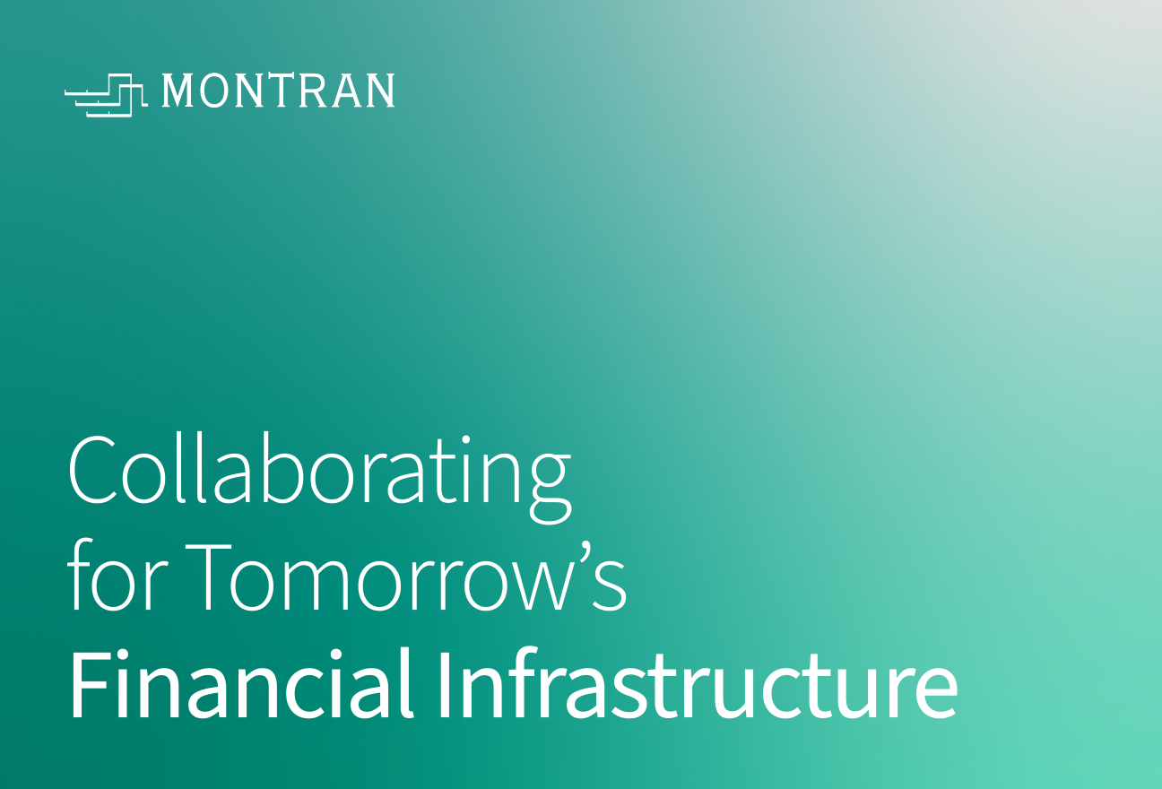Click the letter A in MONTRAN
coord(347,91)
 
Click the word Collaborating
coord(319,477)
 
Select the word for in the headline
coord(117,575)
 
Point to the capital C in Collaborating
coord(92,470)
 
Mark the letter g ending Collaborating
coord(550,487)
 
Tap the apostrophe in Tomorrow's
coord(585,552)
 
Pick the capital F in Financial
coord(90,684)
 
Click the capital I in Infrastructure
coord(445,684)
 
